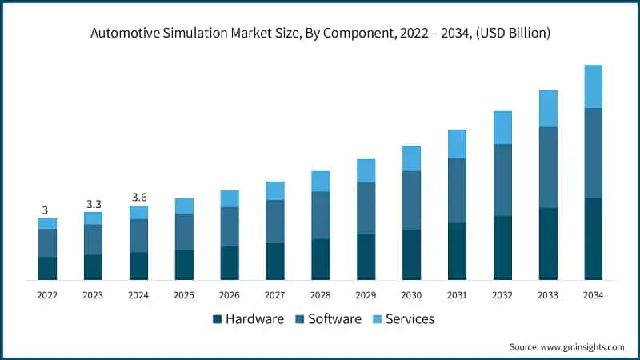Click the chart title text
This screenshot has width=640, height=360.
click(320, 33)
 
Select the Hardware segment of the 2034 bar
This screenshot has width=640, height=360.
click(593, 239)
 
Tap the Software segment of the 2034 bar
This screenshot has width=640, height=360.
click(593, 153)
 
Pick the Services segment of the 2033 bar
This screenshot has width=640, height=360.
click(548, 108)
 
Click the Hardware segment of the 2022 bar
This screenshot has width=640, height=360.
click(47, 268)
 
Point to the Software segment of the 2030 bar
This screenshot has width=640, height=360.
click(411, 200)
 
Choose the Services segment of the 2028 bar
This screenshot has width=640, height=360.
click(321, 182)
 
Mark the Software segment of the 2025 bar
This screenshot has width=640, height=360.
click(184, 231)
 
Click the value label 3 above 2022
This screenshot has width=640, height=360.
click(45, 210)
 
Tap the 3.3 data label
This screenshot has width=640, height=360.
click(93, 204)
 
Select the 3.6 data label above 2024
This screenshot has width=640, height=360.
click(138, 198)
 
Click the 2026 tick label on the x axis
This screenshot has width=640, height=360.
click(230, 295)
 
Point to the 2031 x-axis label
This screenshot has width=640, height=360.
click(457, 295)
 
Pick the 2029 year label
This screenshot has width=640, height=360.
click(366, 295)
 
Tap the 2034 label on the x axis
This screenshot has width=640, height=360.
click(593, 295)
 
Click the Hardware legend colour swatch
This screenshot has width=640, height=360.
click(217, 319)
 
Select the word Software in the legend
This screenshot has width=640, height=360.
click(334, 318)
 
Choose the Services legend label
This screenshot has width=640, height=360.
click(410, 318)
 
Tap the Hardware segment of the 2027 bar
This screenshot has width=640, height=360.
click(275, 262)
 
